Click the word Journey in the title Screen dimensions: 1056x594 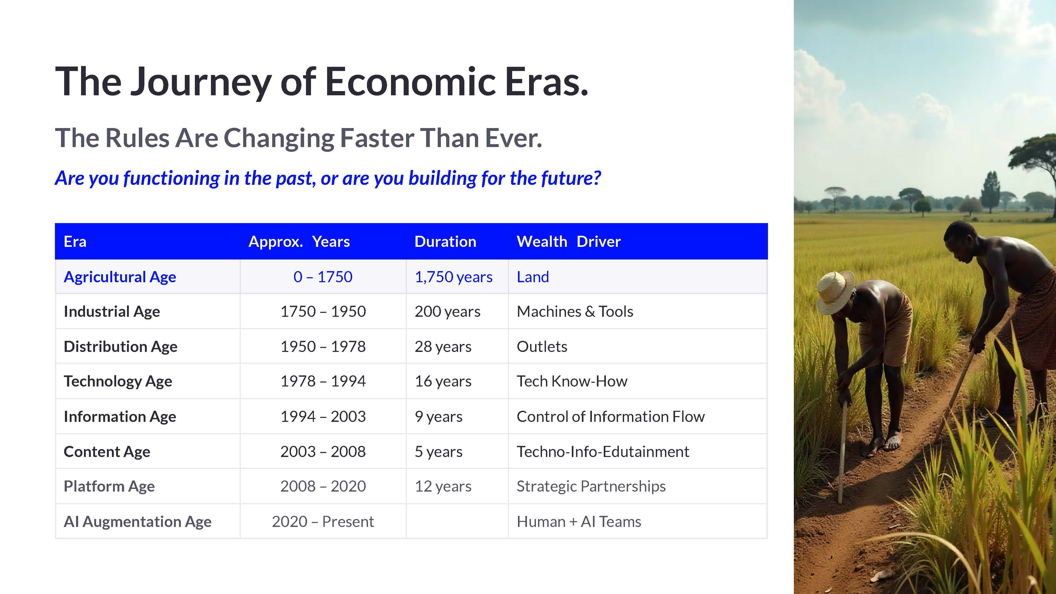[201, 82]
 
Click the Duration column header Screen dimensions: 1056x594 [445, 242]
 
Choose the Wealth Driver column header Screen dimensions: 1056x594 [569, 242]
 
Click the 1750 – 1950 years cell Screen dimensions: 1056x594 [323, 312]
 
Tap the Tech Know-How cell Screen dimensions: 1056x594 [572, 381]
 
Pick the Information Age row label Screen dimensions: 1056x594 [120, 417]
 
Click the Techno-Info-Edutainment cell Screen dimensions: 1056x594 [603, 451]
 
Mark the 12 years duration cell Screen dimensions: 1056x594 [443, 486]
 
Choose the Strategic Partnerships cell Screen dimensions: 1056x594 [591, 486]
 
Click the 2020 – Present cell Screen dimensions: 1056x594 [323, 521]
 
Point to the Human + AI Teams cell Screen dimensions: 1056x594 [579, 521]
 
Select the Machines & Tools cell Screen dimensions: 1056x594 [575, 312]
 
